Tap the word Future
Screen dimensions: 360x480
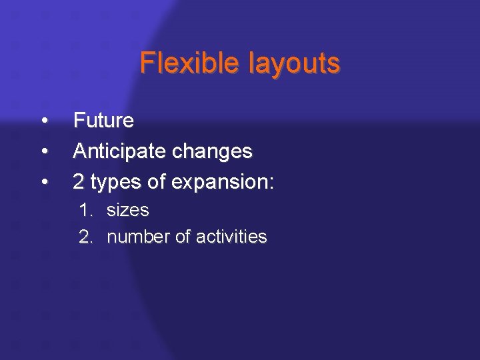[103, 121]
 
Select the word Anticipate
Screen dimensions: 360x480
[120, 151]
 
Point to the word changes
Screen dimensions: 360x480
[213, 152]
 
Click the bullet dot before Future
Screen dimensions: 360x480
[44, 121]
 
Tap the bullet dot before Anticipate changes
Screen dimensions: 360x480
[44, 152]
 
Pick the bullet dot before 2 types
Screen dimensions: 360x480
[44, 182]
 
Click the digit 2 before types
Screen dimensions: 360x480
[79, 181]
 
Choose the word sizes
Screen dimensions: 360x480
[127, 211]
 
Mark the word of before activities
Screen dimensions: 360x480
[183, 237]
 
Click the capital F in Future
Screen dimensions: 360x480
[79, 121]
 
